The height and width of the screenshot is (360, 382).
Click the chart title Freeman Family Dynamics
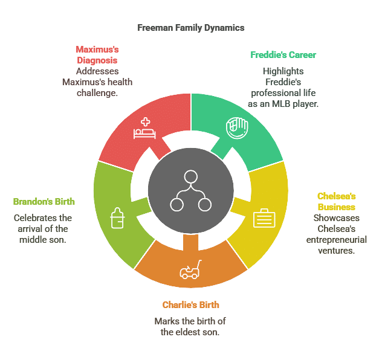[190, 28]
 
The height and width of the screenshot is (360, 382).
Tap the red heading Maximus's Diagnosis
[97, 54]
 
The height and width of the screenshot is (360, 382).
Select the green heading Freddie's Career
[283, 55]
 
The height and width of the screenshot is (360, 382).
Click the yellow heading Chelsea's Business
[336, 201]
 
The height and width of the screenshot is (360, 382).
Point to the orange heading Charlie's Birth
[190, 305]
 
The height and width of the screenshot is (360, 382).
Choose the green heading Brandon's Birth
[44, 201]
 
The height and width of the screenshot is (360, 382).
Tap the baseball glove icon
[235, 127]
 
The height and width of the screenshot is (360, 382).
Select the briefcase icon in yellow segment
[264, 217]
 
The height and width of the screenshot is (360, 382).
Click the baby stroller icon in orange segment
[190, 270]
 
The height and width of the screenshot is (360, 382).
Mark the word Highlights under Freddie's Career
[283, 71]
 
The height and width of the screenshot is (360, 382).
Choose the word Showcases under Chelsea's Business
[336, 217]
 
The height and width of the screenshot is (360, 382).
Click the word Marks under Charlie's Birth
[167, 321]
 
